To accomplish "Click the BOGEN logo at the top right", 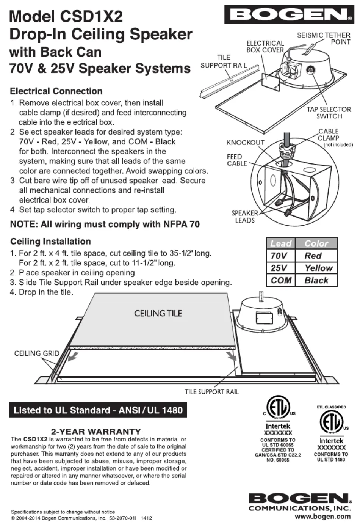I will [x=289, y=15].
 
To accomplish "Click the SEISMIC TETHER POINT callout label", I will [x=324, y=38].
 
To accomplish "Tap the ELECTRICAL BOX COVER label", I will [x=265, y=46].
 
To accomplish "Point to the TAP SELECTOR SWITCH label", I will [x=329, y=113].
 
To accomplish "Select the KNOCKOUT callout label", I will [x=245, y=143].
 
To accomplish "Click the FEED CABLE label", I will [x=236, y=160].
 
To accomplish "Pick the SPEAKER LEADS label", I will [x=245, y=217].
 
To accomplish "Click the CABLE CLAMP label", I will [x=328, y=135].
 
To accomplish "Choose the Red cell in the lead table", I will [x=313, y=256].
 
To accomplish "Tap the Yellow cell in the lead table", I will [x=318, y=268].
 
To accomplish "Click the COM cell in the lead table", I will [x=281, y=281].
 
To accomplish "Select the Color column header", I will [x=316, y=243].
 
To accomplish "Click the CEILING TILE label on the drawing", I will [x=158, y=313].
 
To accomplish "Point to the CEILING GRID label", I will [x=37, y=353].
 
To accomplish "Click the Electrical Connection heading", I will [x=56, y=91].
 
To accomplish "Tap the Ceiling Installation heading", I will [x=50, y=241].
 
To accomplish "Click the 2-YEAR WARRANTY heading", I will [x=96, y=432].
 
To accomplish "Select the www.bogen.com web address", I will [x=323, y=516].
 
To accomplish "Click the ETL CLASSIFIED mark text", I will [x=331, y=407].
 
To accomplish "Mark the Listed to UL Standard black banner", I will [x=98, y=410].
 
